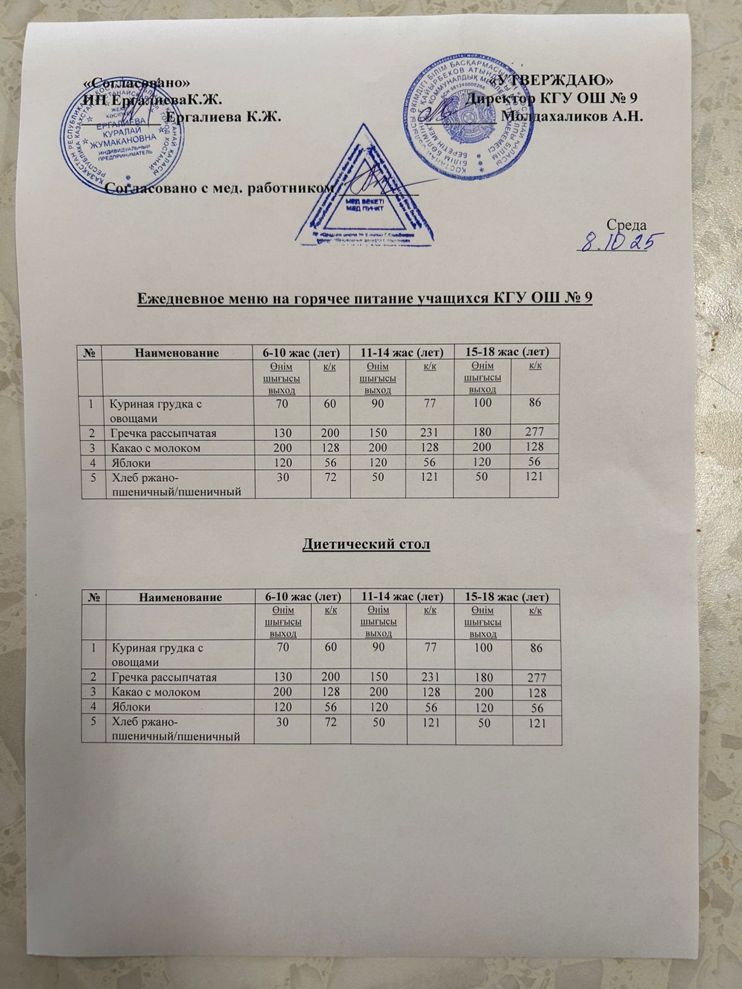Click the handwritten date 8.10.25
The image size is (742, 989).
618,240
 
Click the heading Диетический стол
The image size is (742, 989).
366,545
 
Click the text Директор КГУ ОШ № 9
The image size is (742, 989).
553,99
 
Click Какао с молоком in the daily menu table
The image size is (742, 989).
155,448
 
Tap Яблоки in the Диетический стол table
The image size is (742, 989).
130,707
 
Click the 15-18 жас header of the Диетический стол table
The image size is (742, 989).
506,597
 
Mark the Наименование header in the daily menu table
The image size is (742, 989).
177,353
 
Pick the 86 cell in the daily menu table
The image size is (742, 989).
535,403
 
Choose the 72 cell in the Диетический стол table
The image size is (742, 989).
330,722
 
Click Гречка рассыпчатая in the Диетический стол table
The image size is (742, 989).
163,677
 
